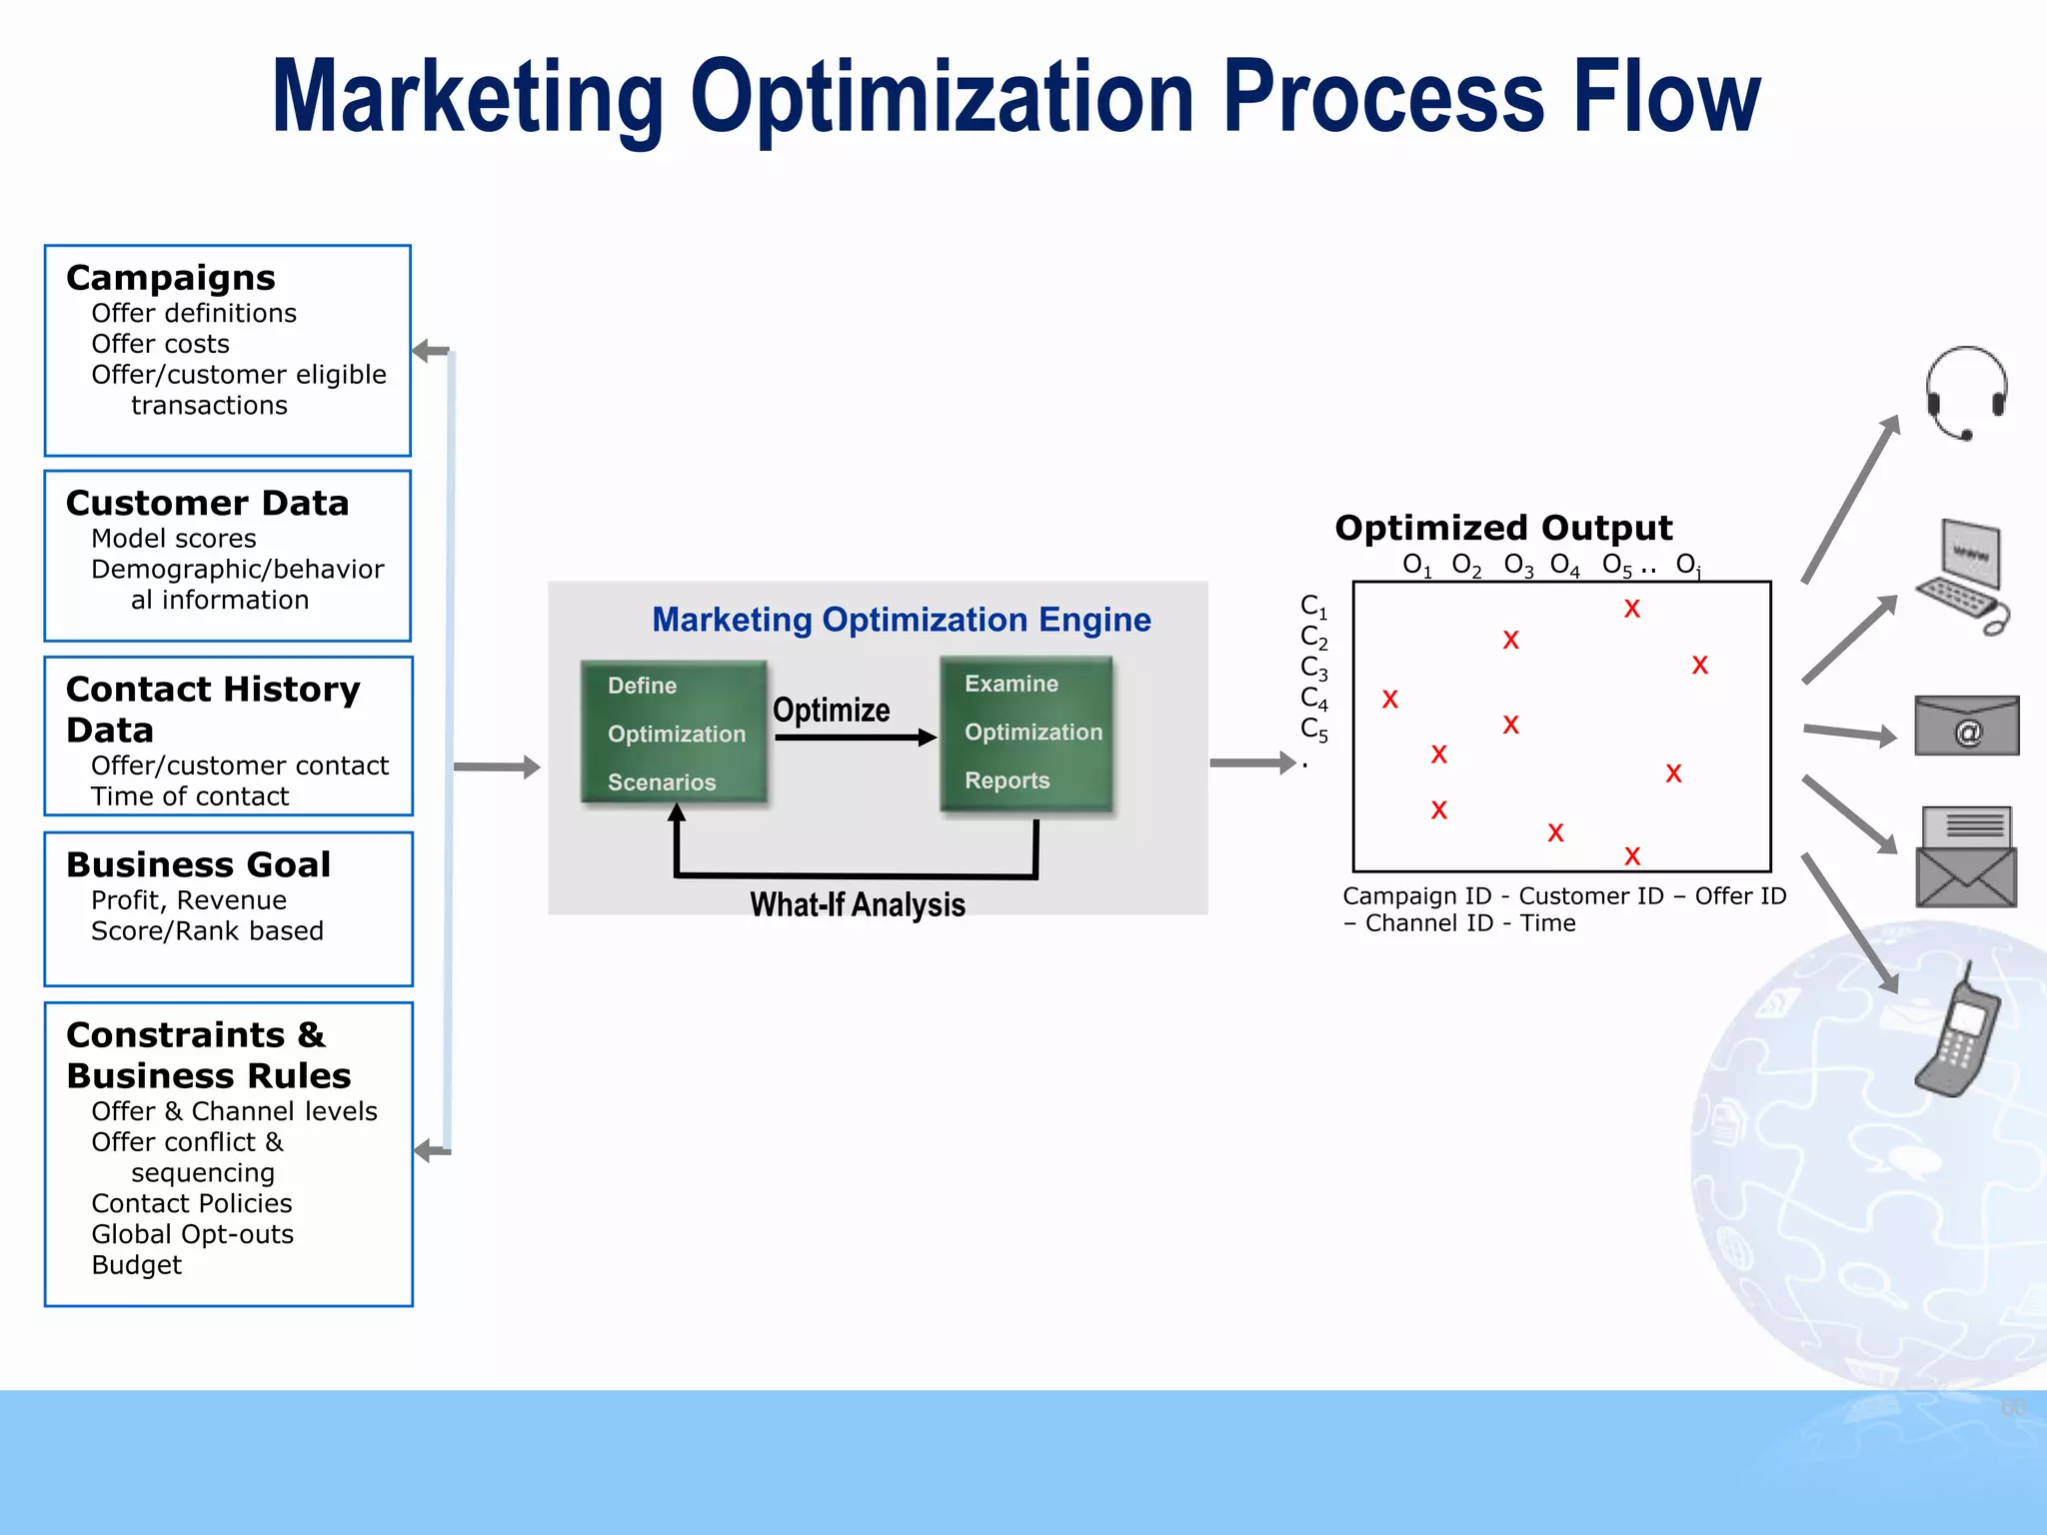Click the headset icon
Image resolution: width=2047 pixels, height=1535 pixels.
[1966, 393]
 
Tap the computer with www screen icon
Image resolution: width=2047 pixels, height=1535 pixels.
[1963, 576]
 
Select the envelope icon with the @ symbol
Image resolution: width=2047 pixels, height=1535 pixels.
[1966, 727]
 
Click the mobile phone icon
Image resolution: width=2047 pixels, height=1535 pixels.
[1959, 1034]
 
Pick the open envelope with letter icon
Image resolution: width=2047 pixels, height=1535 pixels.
[1966, 857]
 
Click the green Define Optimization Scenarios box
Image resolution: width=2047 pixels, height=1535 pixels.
[674, 733]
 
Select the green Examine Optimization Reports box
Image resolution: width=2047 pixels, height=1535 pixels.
[1026, 733]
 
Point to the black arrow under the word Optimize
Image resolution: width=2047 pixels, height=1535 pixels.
[855, 738]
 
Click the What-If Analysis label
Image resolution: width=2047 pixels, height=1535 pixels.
[858, 904]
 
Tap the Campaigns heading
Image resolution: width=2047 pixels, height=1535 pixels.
[171, 278]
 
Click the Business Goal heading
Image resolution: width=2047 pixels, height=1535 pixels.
[198, 864]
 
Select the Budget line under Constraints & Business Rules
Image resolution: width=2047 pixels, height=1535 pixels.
[136, 1265]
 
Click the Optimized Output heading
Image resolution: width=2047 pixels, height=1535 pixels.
[1502, 528]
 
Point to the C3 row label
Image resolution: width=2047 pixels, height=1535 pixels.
[1313, 668]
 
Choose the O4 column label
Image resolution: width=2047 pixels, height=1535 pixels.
[1564, 566]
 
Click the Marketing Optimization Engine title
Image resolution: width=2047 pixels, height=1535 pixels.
[901, 620]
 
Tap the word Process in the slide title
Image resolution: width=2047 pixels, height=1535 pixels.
[1384, 97]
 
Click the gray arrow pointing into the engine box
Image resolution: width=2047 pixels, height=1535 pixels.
[497, 767]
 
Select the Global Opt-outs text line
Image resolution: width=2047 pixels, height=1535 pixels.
[192, 1234]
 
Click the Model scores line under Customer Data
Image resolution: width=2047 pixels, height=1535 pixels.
[174, 539]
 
